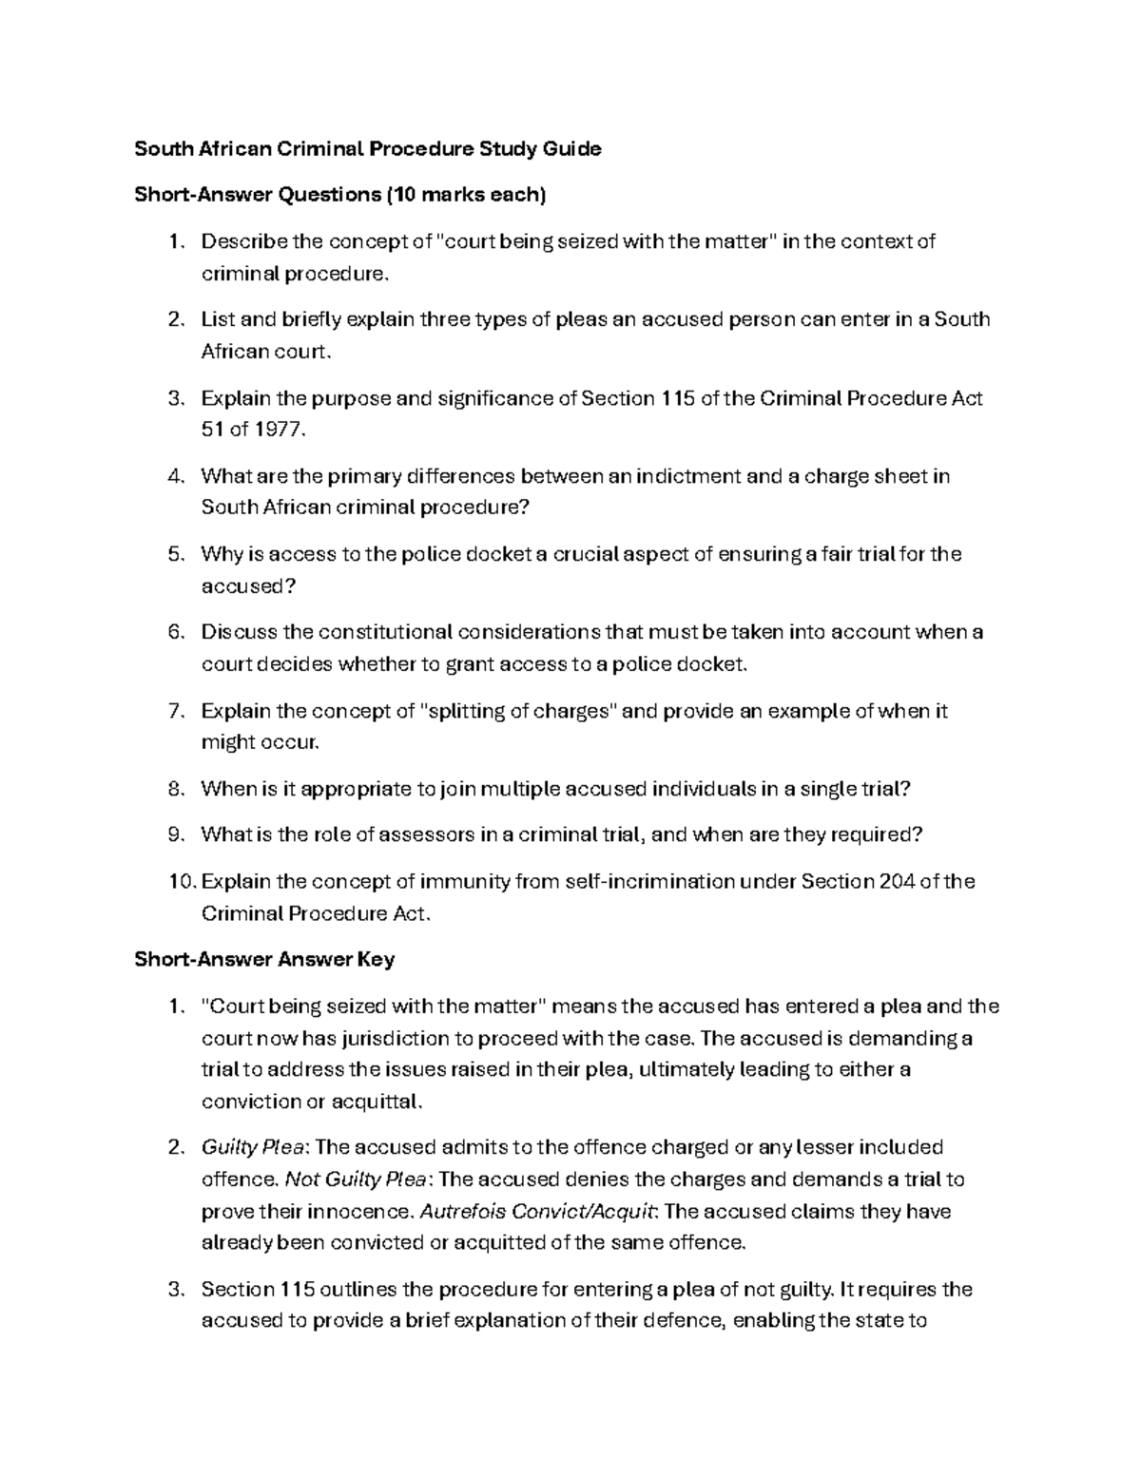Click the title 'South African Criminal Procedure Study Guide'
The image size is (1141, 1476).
[367, 149]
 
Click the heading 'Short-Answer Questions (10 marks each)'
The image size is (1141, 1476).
[340, 196]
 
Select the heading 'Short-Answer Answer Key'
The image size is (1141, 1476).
[264, 960]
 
